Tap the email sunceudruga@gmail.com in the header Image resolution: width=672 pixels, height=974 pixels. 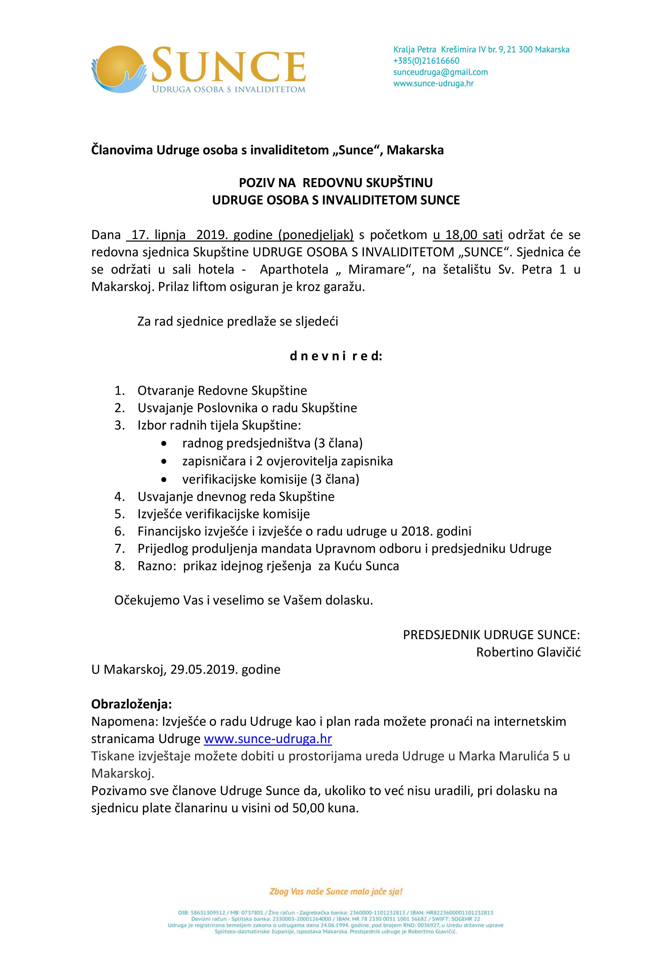440,72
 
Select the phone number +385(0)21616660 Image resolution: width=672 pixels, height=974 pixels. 426,61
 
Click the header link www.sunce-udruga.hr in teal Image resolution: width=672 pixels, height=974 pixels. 433,83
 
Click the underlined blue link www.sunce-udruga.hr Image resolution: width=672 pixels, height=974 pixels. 268,739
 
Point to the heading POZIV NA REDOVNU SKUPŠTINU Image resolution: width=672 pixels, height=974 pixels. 336,182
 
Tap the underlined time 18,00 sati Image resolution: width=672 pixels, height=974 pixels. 468,235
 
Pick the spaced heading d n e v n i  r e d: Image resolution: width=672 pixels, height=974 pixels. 336,357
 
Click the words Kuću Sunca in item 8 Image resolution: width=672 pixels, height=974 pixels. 366,566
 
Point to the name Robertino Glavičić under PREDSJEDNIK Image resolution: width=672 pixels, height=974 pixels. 528,652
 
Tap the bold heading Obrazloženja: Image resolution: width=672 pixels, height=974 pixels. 131,704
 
